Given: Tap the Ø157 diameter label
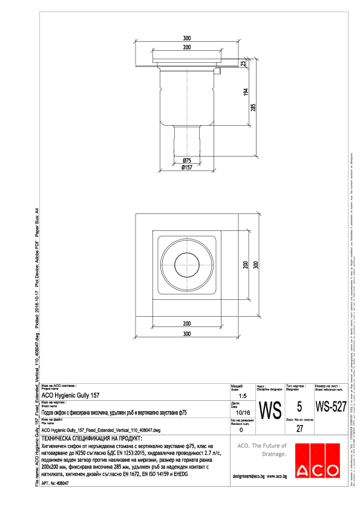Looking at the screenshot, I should click(187, 167).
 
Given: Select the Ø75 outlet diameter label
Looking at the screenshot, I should click(187, 160).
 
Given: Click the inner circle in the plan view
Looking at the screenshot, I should click(186, 265).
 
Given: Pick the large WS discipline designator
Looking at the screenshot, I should click(269, 410).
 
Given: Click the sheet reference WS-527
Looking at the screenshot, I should click(331, 407).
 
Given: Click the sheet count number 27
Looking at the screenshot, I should click(299, 429).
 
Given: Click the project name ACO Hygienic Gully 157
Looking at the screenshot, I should click(70, 395).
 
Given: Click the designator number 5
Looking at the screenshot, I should click(299, 407).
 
